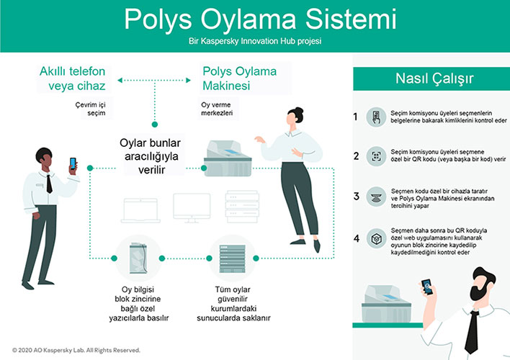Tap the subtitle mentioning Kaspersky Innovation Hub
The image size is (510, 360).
(x=254, y=42)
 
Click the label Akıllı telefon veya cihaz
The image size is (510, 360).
(x=72, y=78)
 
